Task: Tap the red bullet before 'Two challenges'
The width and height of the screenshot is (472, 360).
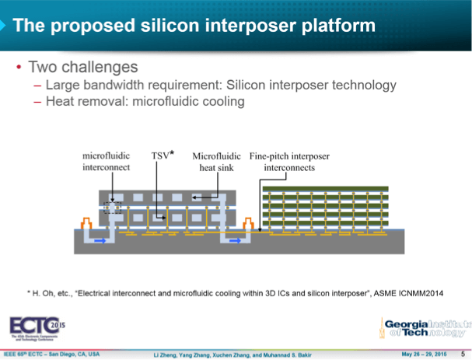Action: (18, 67)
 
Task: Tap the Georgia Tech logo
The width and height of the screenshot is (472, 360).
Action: (424, 329)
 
